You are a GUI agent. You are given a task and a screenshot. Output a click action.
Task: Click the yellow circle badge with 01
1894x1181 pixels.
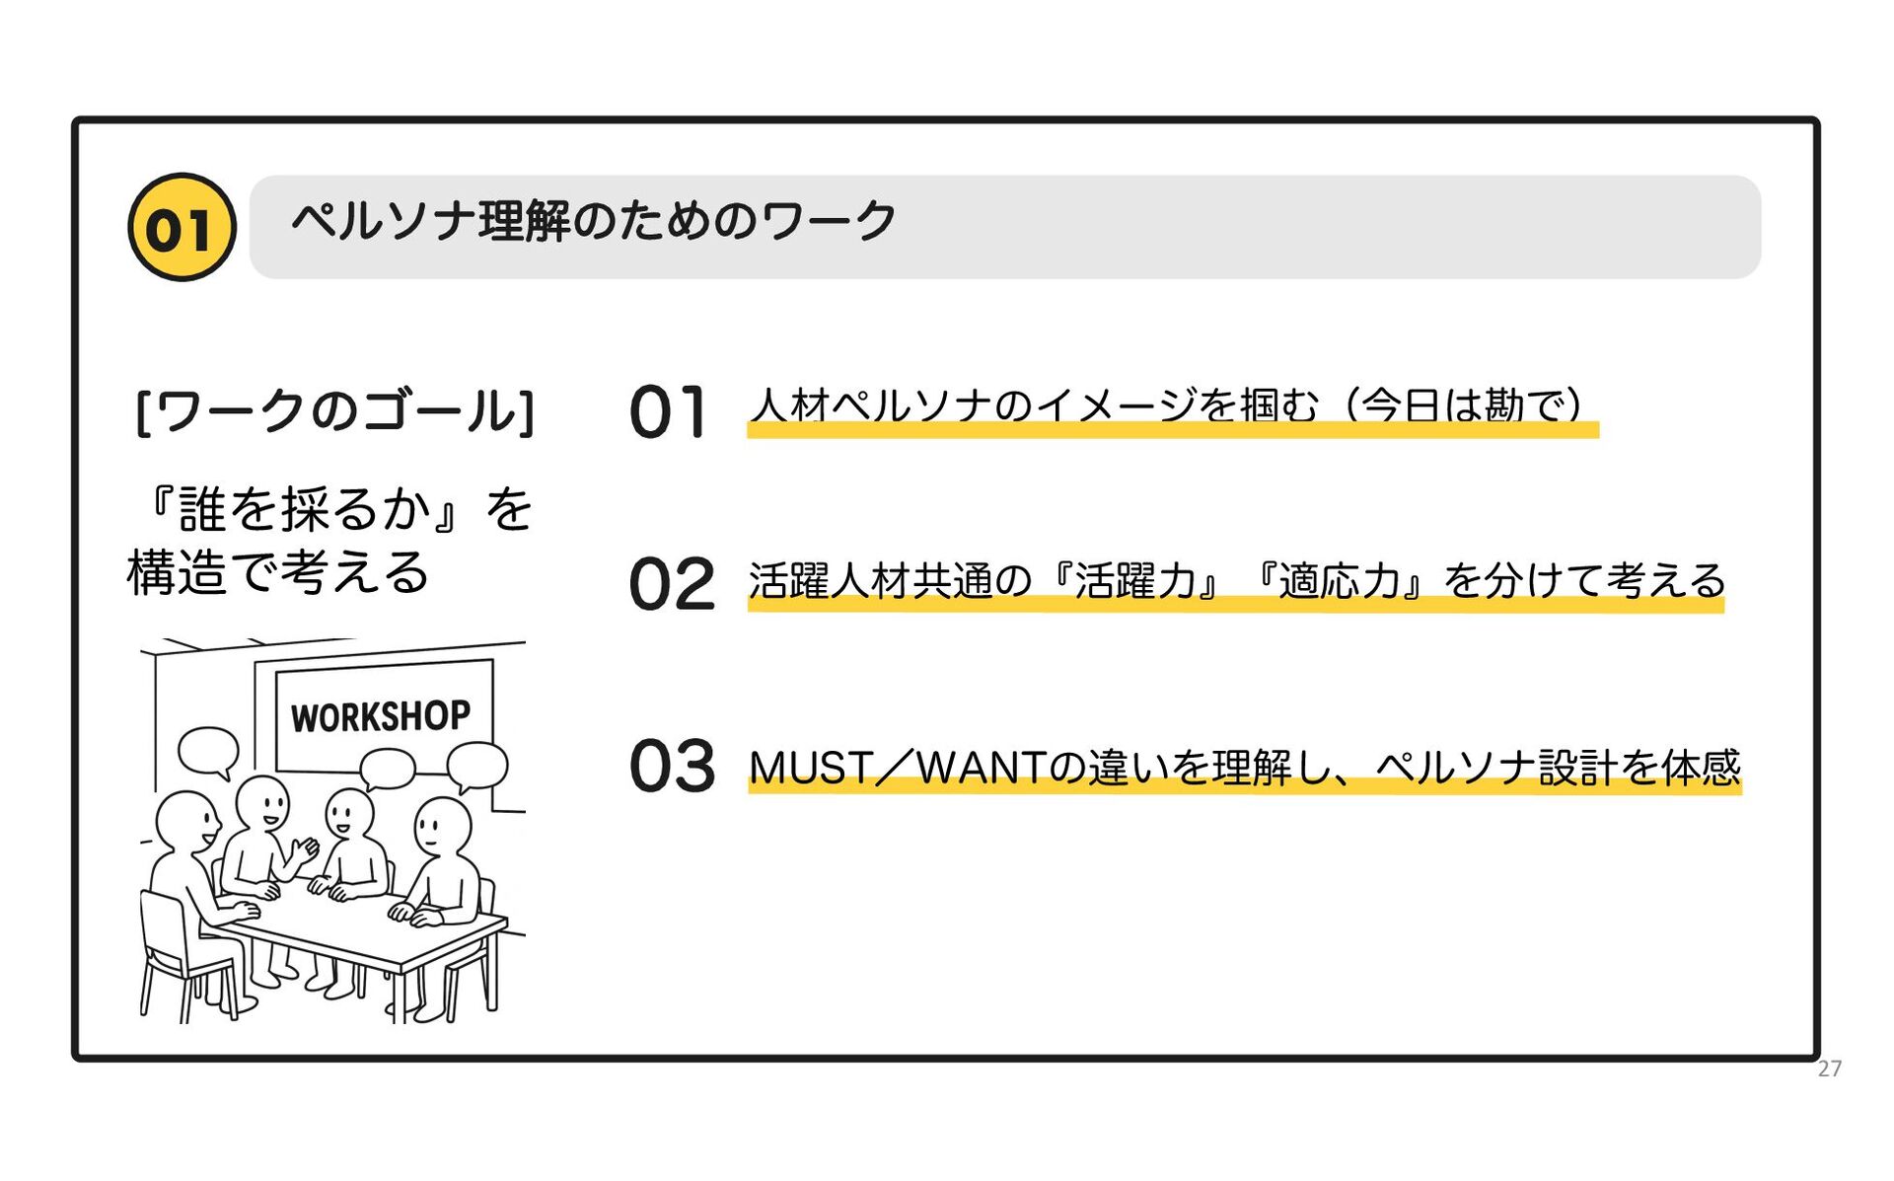pyautogui.click(x=182, y=227)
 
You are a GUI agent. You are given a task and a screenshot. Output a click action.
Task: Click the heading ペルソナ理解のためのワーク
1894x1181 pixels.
pyautogui.click(x=593, y=221)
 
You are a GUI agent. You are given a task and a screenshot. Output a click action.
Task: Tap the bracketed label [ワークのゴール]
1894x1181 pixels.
pyautogui.click(x=334, y=410)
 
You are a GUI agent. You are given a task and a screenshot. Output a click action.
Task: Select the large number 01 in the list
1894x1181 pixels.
pyautogui.click(x=668, y=411)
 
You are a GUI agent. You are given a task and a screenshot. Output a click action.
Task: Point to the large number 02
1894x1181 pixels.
pyautogui.click(x=671, y=584)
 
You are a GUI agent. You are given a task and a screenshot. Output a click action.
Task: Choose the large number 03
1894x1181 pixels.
pyautogui.click(x=672, y=766)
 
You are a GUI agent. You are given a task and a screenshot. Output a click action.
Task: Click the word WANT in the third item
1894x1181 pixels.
pyautogui.click(x=980, y=768)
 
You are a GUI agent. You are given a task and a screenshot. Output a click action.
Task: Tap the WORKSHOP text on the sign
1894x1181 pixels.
pyautogui.click(x=381, y=716)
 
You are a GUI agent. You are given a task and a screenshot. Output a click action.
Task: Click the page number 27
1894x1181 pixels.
pyautogui.click(x=1829, y=1069)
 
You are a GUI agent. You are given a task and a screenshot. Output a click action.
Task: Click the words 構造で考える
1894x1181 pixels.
pyautogui.click(x=278, y=572)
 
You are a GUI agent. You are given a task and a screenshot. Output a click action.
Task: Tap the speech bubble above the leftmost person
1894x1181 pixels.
pyautogui.click(x=208, y=752)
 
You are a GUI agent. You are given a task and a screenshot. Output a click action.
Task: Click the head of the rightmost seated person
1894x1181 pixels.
pyautogui.click(x=443, y=825)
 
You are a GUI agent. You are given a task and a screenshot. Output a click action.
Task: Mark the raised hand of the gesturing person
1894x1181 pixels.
pyautogui.click(x=307, y=849)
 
